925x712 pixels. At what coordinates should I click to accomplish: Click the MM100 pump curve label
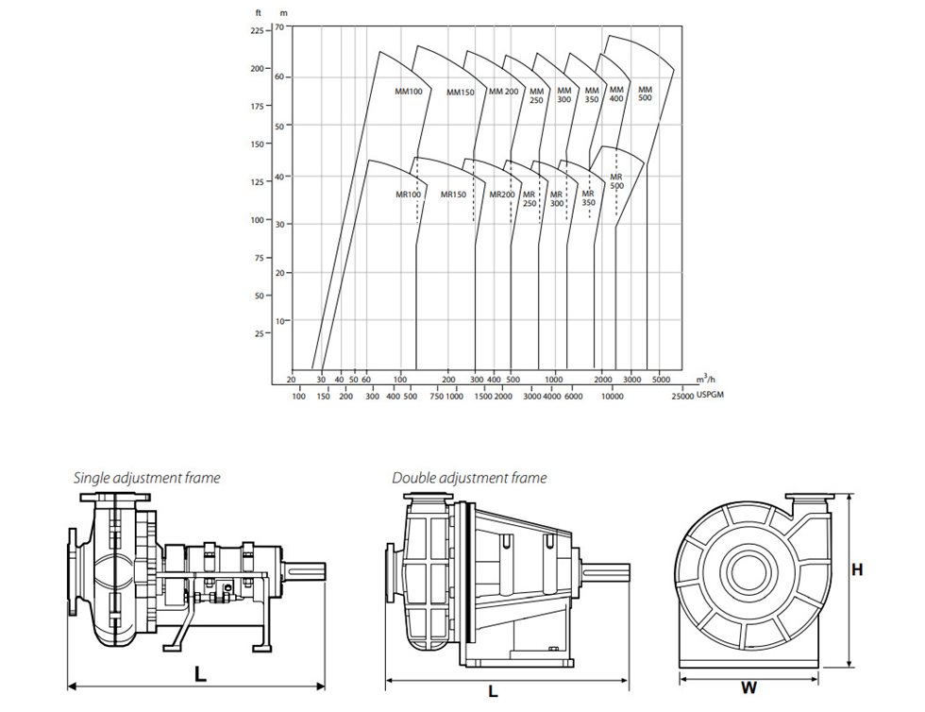point(408,92)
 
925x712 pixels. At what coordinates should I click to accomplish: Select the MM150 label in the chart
point(460,93)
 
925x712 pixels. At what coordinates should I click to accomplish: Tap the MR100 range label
point(408,195)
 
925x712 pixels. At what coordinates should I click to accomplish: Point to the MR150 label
point(453,195)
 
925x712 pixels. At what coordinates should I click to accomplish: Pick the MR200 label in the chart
point(501,195)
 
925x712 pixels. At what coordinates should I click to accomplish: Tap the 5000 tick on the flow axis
point(662,380)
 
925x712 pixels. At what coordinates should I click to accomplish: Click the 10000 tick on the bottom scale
point(613,398)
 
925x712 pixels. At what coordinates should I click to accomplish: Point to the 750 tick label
point(436,398)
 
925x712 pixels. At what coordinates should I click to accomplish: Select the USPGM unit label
point(713,398)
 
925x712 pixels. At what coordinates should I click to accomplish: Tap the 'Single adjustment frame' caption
point(146,478)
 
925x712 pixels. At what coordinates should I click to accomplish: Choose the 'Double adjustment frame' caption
point(469,478)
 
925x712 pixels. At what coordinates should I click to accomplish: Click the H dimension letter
point(857,569)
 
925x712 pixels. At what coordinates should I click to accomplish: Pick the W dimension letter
point(748,688)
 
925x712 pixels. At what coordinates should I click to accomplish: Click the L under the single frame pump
point(199,675)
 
